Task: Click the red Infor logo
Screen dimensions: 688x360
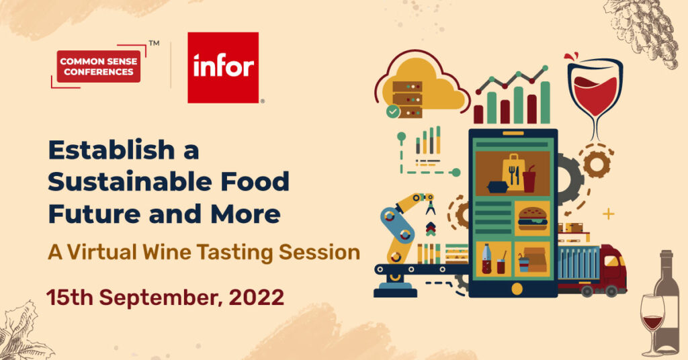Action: pos(223,68)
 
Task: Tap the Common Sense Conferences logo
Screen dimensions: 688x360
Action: pos(99,66)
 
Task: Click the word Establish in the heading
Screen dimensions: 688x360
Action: pos(112,150)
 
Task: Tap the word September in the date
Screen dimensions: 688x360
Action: pos(160,298)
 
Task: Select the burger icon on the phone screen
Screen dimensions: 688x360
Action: pos(532,218)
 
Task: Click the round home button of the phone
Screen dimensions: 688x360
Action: pos(517,289)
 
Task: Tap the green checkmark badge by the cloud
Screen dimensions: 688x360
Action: pos(393,111)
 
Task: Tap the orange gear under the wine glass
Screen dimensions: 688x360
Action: pos(597,164)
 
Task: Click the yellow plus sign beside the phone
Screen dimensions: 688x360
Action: pos(608,214)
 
